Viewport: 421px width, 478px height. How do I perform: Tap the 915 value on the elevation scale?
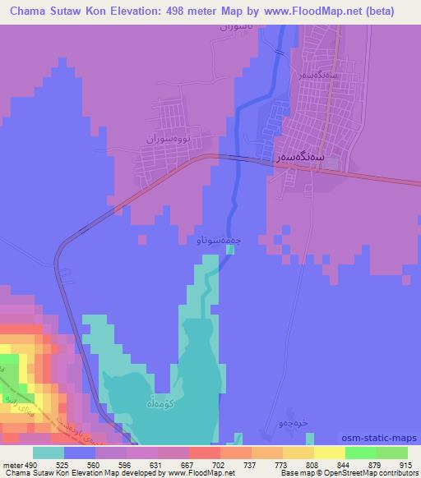coord(404,464)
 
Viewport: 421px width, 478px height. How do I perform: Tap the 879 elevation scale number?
coord(375,464)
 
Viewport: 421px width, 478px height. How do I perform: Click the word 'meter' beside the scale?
coord(11,464)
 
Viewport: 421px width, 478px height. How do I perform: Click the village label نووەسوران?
coord(168,139)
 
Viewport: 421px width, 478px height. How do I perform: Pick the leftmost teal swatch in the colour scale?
coord(48,453)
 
